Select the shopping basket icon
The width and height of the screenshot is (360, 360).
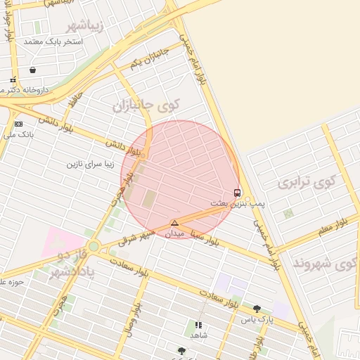point(33,70)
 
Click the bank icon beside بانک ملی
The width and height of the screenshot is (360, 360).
point(18,124)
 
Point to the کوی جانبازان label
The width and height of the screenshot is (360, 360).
point(146,105)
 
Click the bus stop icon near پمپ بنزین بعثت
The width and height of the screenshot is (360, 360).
point(237,193)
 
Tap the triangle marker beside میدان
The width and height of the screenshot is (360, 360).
point(174,223)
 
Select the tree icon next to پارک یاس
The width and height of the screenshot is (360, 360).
point(257,309)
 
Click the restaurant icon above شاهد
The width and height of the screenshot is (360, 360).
point(198,326)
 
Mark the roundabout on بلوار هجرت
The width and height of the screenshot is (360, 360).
point(94,245)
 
